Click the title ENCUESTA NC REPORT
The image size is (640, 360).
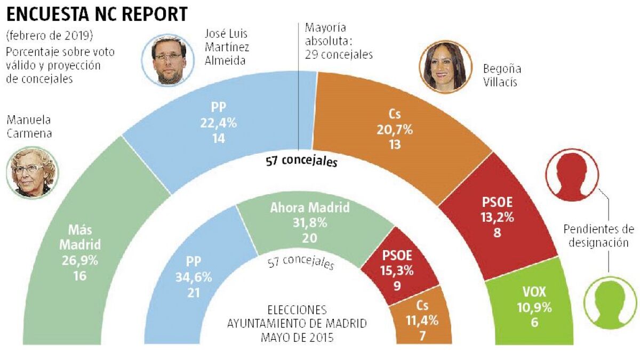pyautogui.click(x=97, y=14)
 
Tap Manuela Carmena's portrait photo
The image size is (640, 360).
pyautogui.click(x=30, y=173)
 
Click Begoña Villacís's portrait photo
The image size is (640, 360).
pyautogui.click(x=446, y=67)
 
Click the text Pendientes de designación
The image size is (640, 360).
pyautogui.click(x=598, y=236)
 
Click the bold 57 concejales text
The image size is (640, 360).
pyautogui.click(x=301, y=161)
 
